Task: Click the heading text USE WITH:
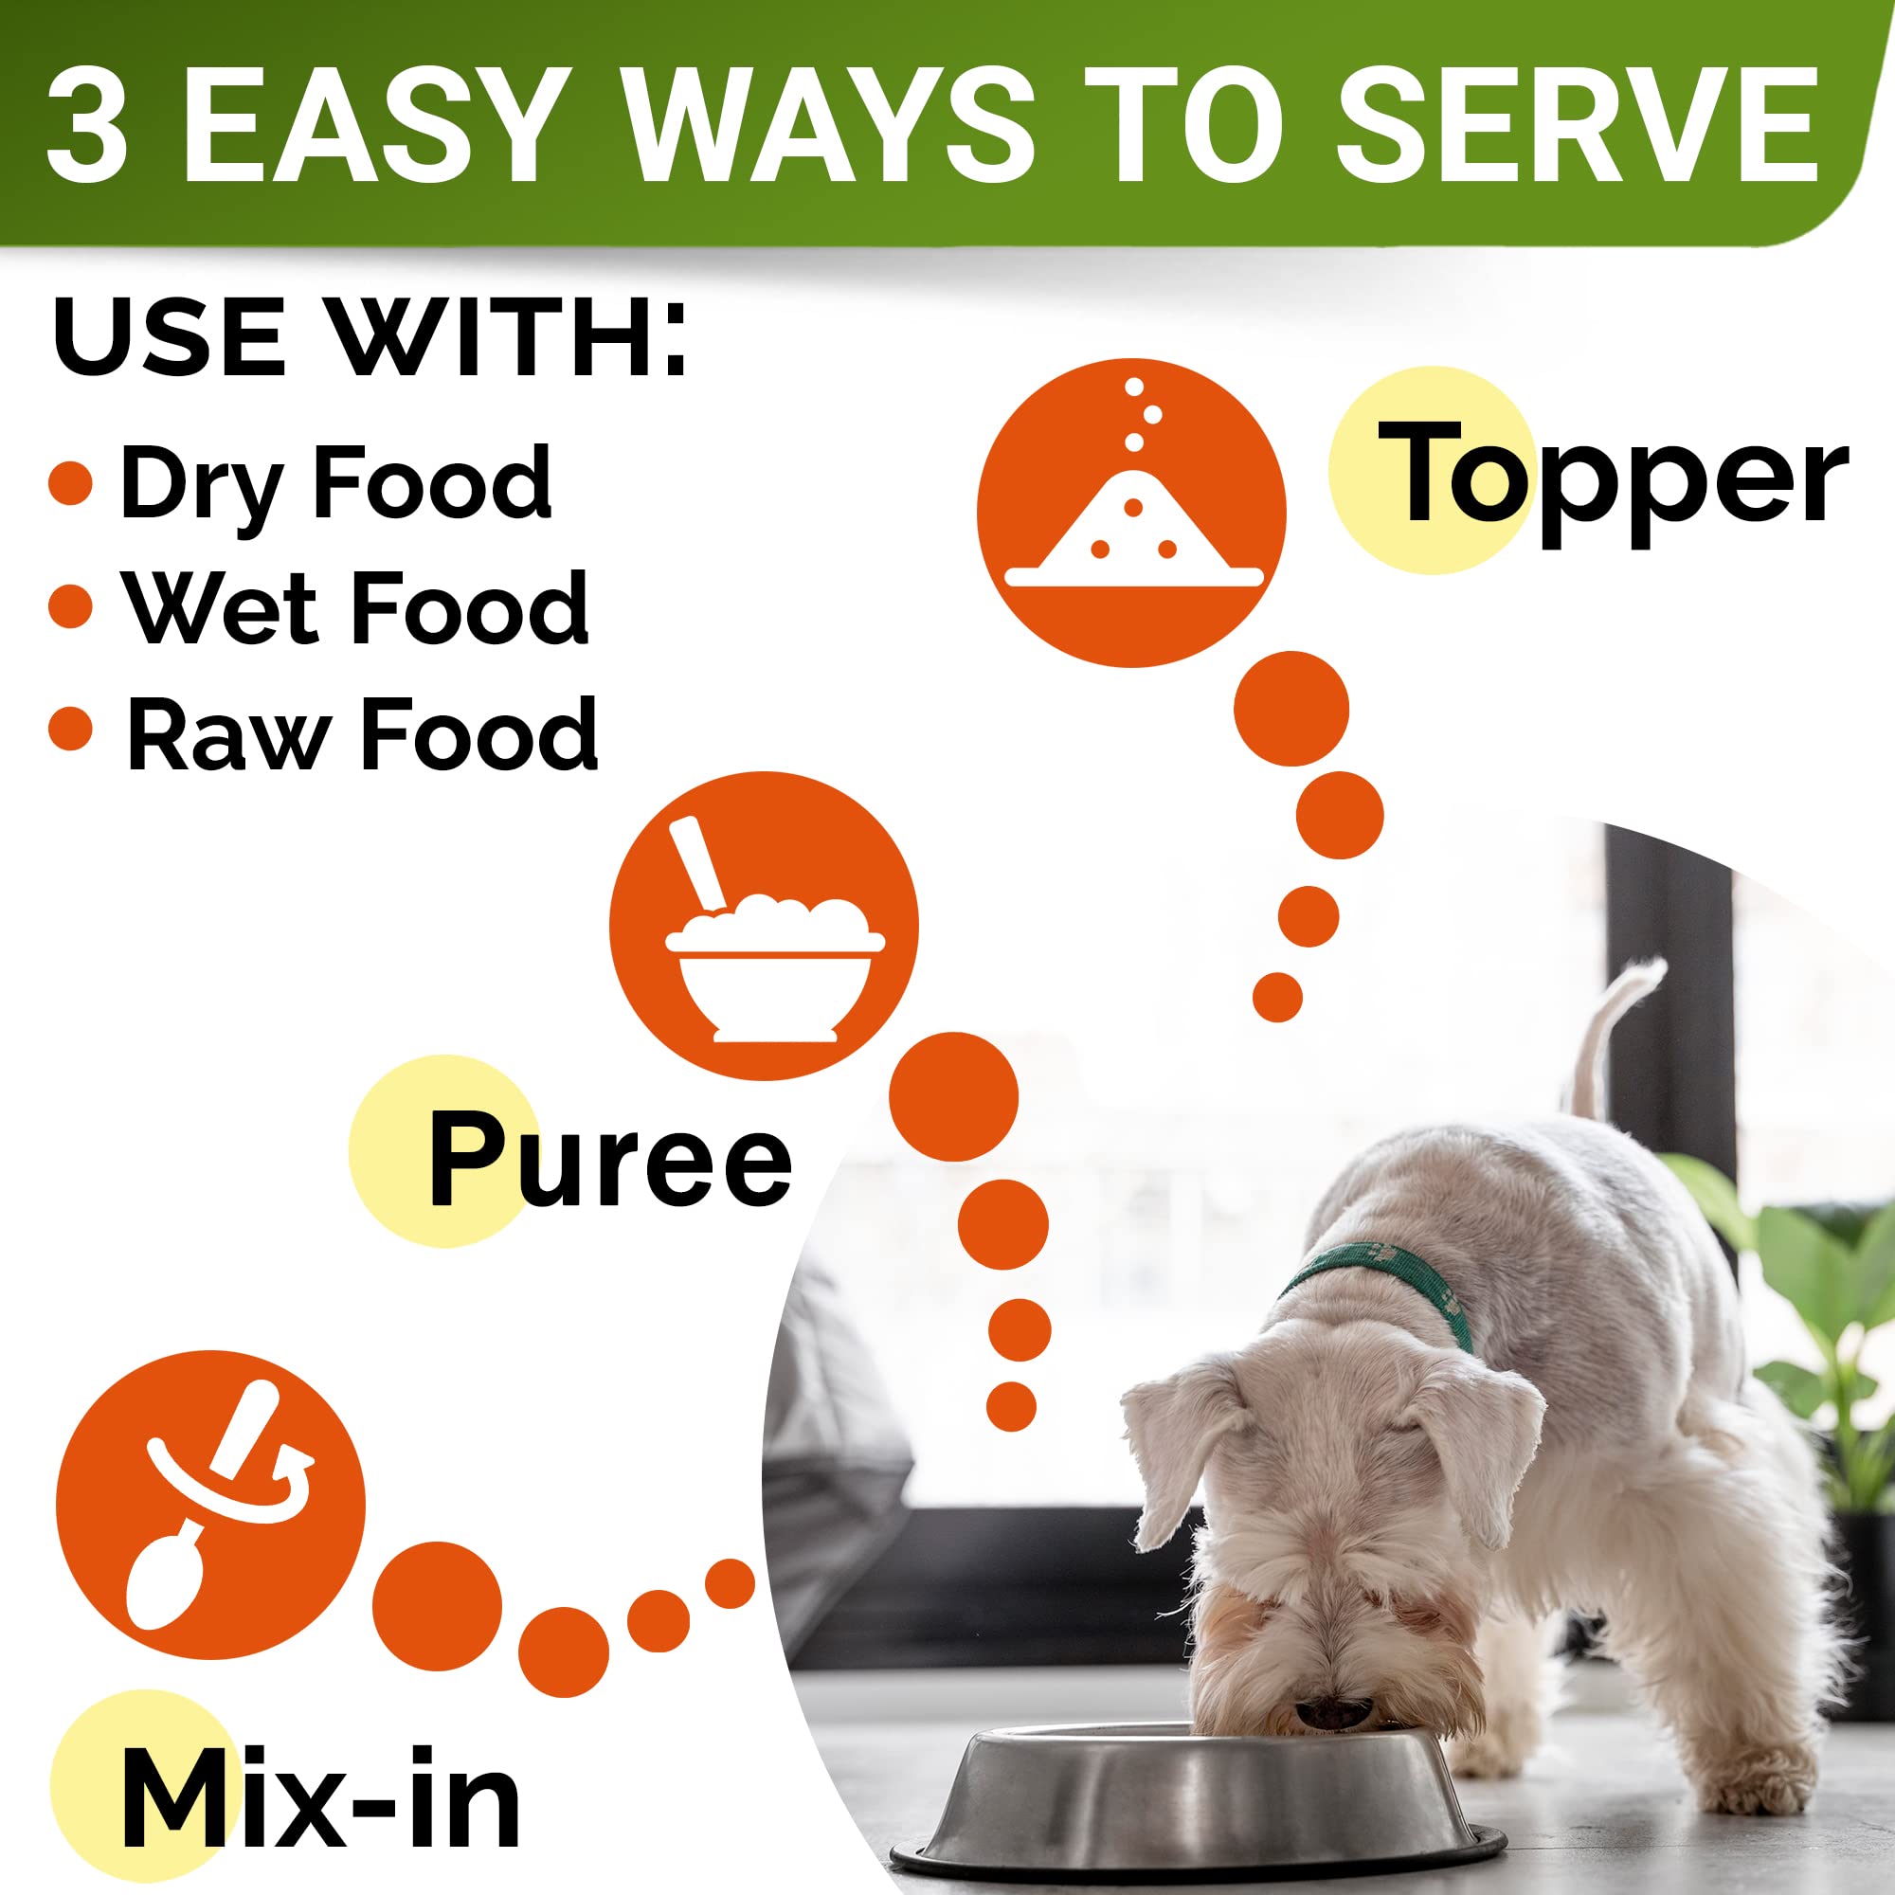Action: [x=370, y=336]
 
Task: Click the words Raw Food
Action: [x=361, y=733]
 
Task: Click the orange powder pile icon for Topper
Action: [x=1131, y=512]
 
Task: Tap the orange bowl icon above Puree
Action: [x=763, y=925]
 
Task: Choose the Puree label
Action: [x=610, y=1160]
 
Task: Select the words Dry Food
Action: [x=335, y=482]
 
